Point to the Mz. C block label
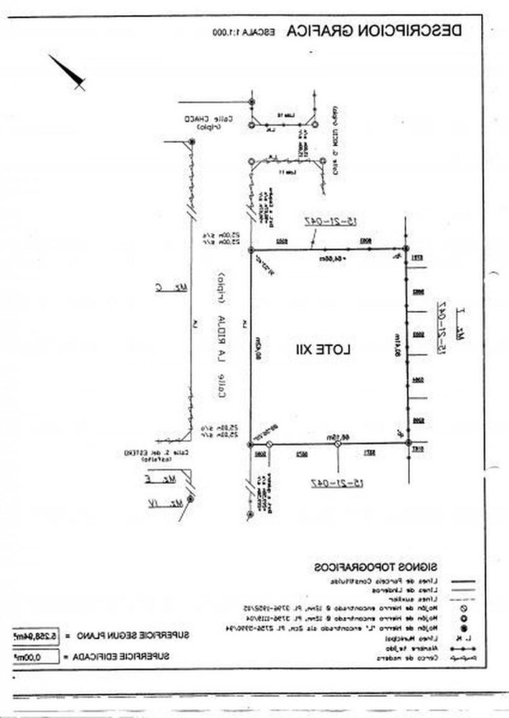[x=172, y=288]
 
